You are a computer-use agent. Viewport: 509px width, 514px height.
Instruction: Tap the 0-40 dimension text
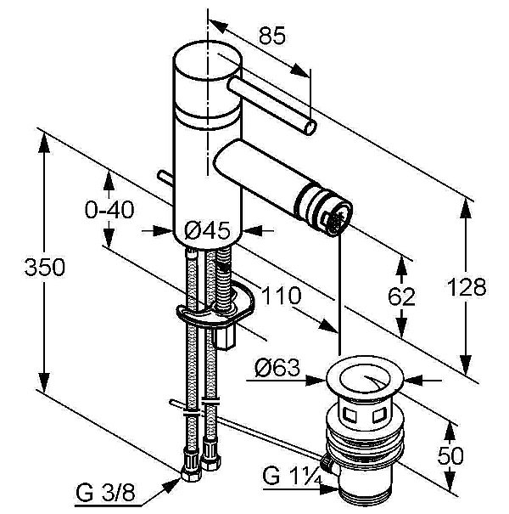coord(109,210)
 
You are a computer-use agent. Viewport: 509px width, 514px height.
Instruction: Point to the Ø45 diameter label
coord(208,229)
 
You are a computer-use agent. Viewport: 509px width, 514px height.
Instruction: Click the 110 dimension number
coord(282,297)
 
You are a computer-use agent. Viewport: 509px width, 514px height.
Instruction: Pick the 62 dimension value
coord(404,297)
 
